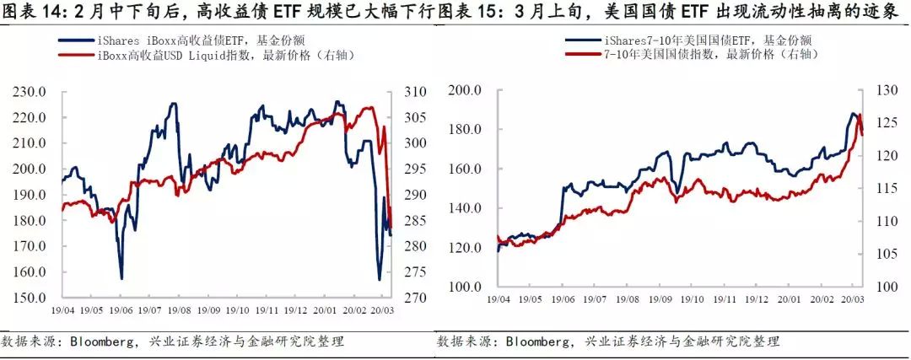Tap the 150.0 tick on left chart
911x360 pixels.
pyautogui.click(x=30, y=298)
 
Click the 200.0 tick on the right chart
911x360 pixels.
pyautogui.click(x=466, y=90)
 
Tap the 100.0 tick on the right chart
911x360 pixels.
pyautogui.click(x=466, y=287)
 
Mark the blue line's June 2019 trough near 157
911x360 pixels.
pyautogui.click(x=121, y=278)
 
